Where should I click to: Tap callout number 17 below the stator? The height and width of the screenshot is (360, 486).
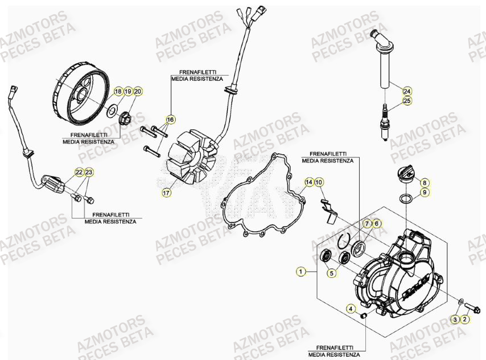point(166,193)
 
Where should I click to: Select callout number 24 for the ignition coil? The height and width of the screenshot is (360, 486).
point(407,91)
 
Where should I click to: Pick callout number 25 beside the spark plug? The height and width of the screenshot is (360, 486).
point(407,101)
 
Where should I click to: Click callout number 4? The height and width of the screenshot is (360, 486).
point(352,309)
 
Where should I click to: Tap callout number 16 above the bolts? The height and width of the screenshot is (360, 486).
point(170,120)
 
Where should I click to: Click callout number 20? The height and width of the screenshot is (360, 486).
point(138,91)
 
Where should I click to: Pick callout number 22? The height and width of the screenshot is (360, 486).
point(79,171)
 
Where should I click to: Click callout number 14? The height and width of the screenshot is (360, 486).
point(308,182)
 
